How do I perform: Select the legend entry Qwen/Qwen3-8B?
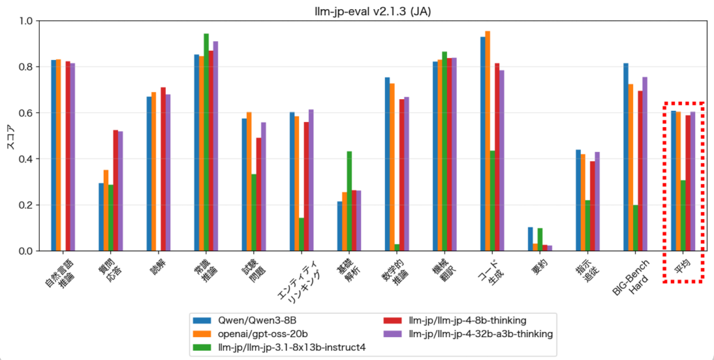point(245,320)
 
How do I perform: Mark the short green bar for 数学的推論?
point(397,247)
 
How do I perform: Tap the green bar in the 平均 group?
point(683,216)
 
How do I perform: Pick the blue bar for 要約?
point(531,239)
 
